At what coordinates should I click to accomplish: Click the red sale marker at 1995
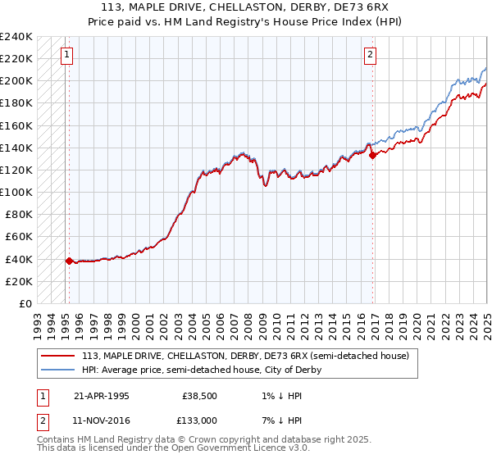(x=69, y=261)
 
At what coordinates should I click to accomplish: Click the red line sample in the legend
(x=58, y=355)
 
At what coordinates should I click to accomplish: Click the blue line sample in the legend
(x=58, y=370)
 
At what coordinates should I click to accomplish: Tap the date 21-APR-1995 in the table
(x=101, y=395)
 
